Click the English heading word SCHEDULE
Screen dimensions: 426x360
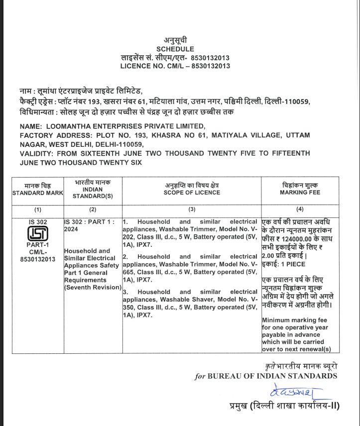click(x=175, y=49)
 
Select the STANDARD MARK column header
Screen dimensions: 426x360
click(x=38, y=193)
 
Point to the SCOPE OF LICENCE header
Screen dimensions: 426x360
click(x=192, y=193)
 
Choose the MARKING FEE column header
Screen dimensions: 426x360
click(x=300, y=192)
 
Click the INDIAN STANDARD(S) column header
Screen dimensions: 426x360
click(x=93, y=193)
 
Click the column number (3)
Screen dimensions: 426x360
click(x=192, y=210)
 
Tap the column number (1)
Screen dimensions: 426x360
click(x=38, y=210)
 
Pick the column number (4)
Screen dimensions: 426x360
click(x=300, y=210)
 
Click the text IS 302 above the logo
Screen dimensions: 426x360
click(x=38, y=221)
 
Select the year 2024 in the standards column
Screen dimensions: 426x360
click(x=71, y=229)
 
